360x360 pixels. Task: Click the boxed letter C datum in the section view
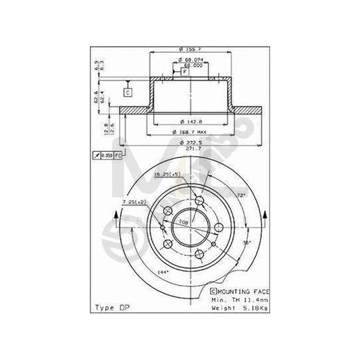point(126,91)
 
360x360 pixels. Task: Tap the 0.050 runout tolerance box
point(107,156)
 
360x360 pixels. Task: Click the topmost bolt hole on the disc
point(199,201)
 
